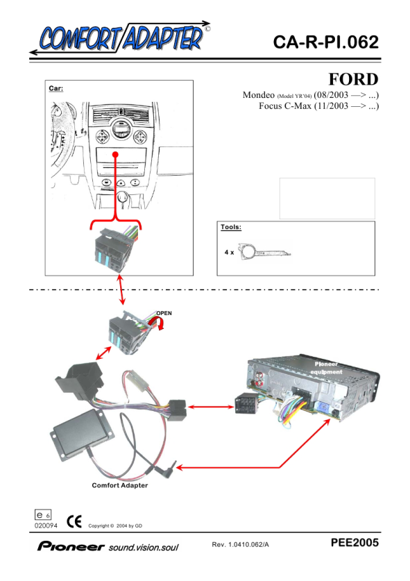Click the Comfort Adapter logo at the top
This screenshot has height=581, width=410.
(x=120, y=37)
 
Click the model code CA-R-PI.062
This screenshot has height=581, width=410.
(x=326, y=42)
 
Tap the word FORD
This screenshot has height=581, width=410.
(x=353, y=79)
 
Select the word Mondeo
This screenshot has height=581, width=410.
(x=259, y=95)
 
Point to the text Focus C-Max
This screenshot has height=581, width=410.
(x=285, y=106)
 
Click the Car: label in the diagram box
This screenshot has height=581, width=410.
(x=56, y=88)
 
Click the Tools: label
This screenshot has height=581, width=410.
(x=231, y=227)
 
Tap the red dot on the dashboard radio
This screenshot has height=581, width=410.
(x=116, y=154)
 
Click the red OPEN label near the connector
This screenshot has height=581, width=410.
(x=164, y=313)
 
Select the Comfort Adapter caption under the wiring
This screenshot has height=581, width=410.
(x=119, y=485)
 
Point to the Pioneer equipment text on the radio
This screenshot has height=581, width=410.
(x=326, y=368)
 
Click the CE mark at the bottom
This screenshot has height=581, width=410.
(x=74, y=522)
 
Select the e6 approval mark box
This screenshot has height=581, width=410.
(x=43, y=514)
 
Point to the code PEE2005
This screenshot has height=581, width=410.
(x=355, y=543)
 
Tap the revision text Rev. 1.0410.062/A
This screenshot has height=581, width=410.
(x=240, y=544)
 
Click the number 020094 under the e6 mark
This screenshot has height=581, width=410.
(x=46, y=525)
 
